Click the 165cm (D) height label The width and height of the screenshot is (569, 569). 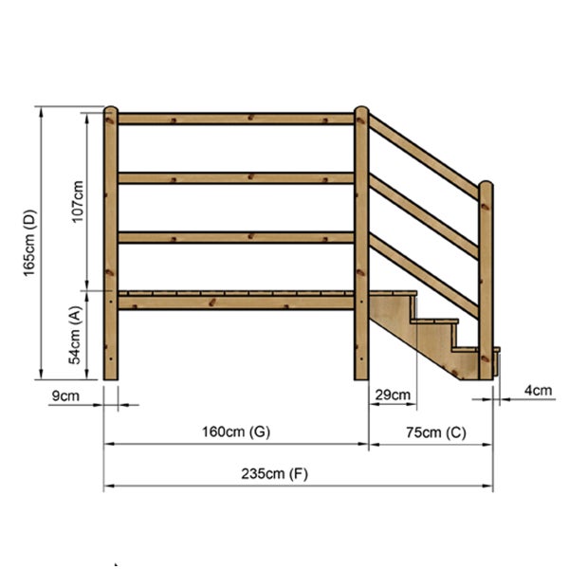point(30,243)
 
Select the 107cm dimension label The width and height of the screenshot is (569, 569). point(78,201)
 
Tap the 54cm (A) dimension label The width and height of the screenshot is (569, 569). point(75,335)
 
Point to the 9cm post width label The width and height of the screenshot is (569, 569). point(65,395)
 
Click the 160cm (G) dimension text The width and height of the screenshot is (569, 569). point(236,431)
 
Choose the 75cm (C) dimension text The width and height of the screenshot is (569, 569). point(436,432)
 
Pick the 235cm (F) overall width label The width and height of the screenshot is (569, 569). point(274,474)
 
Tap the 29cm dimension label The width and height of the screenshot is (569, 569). point(393,395)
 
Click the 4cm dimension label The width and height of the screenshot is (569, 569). point(538,391)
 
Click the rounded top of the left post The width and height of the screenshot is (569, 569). point(111,110)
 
